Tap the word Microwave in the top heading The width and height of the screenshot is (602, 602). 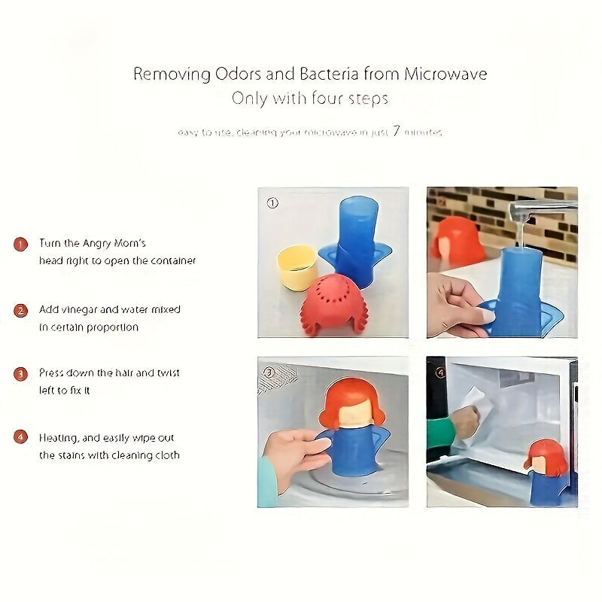point(445,74)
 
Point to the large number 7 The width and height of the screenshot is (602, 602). point(396,131)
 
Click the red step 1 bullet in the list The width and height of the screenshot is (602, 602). point(22,244)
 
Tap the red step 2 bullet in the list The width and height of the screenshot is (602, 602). point(22,310)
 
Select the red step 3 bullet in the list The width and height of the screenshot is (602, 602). point(22,373)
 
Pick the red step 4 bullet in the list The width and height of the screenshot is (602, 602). point(22,436)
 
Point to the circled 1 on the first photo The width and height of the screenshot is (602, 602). point(272,202)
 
